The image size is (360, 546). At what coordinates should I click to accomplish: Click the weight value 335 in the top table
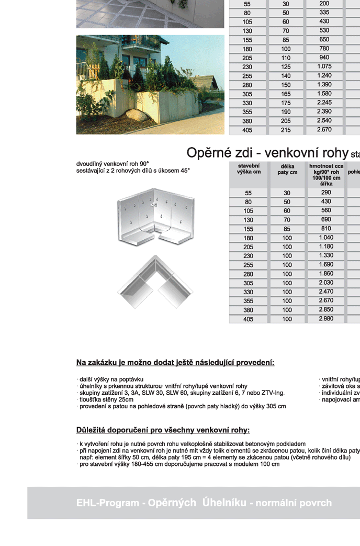point(324,13)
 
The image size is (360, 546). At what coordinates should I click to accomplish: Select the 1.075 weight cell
point(324,66)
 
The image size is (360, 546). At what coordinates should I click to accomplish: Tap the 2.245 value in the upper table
point(324,103)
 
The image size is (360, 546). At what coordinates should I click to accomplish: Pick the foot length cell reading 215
point(286,130)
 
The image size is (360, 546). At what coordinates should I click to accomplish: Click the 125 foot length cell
point(286,67)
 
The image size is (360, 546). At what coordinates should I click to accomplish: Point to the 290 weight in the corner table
point(326,193)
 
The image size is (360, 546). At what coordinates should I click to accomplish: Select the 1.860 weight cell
point(326,274)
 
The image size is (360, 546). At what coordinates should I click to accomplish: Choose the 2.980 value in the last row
point(326,319)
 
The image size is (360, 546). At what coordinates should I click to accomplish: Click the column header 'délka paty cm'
point(287,169)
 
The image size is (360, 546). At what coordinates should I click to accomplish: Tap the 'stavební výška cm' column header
point(249,169)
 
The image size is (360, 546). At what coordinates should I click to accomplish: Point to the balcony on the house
point(141,42)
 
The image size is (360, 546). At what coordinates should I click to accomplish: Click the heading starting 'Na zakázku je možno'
point(175,362)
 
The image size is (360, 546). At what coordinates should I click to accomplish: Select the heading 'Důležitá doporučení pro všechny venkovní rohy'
point(163,430)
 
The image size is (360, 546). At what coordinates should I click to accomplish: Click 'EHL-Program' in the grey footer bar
point(106,503)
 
